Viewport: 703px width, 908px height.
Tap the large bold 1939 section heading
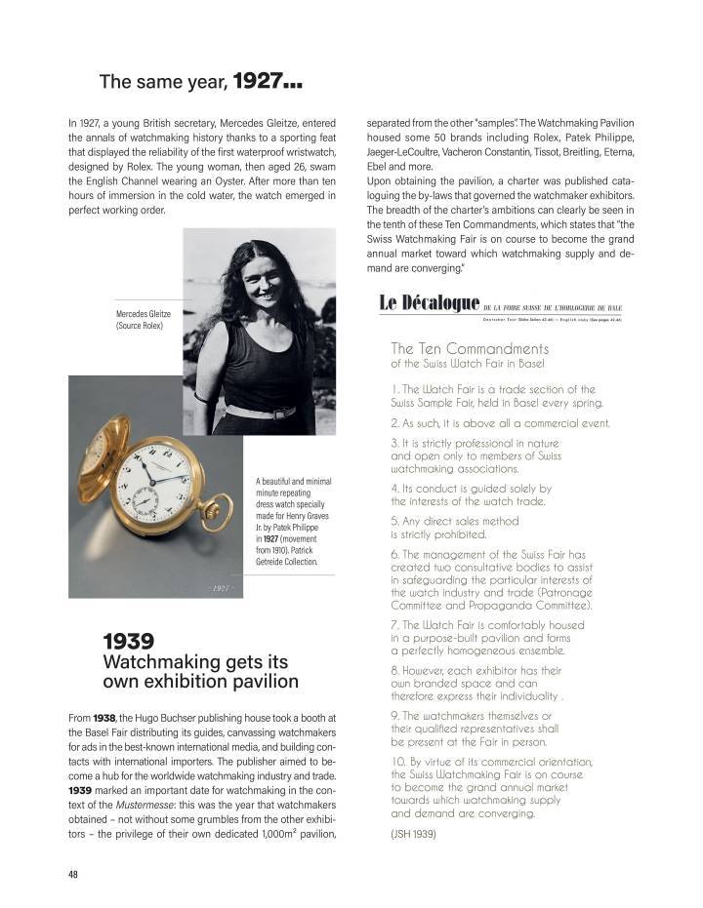[x=129, y=641]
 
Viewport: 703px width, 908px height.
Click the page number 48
[x=73, y=874]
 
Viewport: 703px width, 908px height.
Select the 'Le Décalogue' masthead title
[x=429, y=304]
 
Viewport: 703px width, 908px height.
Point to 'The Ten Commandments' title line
[x=470, y=348]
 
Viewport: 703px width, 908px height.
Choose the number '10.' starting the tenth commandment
[x=398, y=762]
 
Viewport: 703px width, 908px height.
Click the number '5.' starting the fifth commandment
[x=394, y=520]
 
